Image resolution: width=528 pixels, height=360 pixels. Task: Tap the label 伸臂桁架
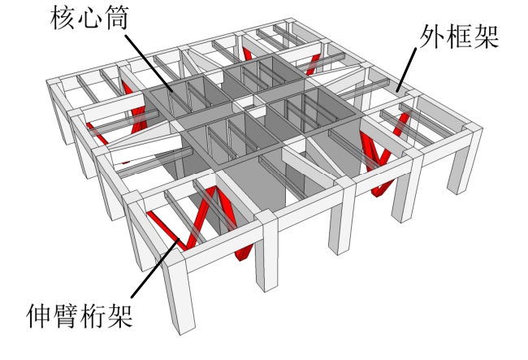point(79,314)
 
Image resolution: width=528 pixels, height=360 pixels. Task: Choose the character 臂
point(65,314)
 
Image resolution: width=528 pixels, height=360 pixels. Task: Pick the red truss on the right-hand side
point(376,163)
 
